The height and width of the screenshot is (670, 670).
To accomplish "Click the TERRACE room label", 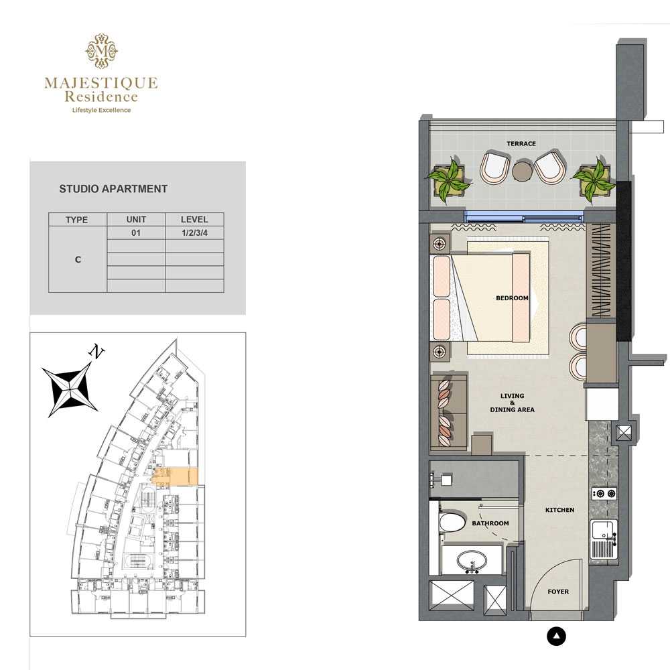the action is (x=521, y=143).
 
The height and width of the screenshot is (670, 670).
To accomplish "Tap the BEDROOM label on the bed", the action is (x=512, y=298).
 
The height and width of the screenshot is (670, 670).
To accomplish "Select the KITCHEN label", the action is (x=559, y=510).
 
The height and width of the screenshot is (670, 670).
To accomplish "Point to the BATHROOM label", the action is (x=490, y=523).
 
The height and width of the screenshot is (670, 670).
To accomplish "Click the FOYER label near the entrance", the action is (x=558, y=592).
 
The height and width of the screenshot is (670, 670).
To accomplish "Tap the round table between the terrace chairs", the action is (x=521, y=172).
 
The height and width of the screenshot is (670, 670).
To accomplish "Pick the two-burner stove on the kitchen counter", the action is (x=604, y=494).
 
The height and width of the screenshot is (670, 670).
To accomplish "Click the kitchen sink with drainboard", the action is (x=604, y=539).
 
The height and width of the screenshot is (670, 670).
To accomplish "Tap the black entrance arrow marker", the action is (x=556, y=636).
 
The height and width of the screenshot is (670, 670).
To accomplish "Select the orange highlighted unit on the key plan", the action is (x=176, y=476).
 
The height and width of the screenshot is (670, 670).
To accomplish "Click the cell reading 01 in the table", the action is (x=136, y=233).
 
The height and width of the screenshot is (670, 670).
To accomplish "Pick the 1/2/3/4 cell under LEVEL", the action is (x=194, y=233).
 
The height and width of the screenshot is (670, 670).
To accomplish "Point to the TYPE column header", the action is (x=77, y=220).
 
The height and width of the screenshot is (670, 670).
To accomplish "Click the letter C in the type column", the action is (x=78, y=259).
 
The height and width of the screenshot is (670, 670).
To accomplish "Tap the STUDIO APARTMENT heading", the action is (x=113, y=189).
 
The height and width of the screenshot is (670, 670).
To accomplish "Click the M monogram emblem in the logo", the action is (x=101, y=51).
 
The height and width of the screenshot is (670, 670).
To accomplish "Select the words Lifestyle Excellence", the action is (x=102, y=111).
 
